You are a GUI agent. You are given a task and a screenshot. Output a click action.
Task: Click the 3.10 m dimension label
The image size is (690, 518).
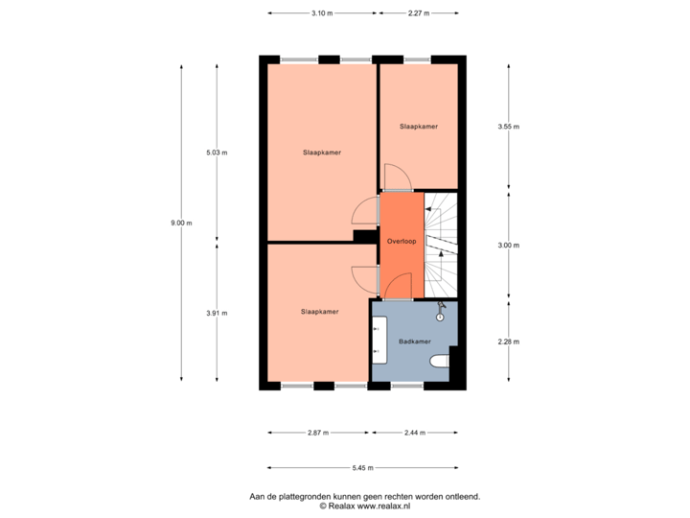[322, 13]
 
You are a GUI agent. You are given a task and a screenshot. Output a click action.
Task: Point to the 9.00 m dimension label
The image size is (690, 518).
[181, 223]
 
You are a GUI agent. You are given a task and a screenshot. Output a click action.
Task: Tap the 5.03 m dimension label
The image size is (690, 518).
[218, 153]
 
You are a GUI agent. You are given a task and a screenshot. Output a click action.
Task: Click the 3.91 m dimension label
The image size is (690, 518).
[218, 313]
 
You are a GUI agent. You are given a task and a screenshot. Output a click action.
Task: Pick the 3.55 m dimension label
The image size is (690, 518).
[508, 126]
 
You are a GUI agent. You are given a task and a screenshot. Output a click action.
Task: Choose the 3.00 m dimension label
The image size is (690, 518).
[508, 246]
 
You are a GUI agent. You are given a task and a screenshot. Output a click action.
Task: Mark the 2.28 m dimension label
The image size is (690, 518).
[508, 341]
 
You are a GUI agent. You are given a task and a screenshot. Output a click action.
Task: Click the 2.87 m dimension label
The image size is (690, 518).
[318, 434]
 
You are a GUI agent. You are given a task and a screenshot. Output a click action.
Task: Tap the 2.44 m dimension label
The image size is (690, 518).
[415, 434]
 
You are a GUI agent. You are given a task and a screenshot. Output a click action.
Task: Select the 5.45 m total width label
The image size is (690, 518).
[362, 467]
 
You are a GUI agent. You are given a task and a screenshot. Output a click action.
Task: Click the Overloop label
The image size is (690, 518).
[401, 241]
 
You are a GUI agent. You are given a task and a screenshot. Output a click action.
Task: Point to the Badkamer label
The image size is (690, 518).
[415, 341]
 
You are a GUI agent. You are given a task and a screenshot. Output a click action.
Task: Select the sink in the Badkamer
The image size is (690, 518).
[379, 341]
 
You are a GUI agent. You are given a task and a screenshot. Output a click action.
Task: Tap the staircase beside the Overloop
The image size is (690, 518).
[441, 245]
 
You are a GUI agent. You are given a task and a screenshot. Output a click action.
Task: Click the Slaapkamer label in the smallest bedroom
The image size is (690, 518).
[419, 127]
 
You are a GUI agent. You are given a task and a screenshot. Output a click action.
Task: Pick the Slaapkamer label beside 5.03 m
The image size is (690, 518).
[321, 153]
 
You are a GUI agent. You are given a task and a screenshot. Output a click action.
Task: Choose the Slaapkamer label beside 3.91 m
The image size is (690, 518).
[319, 312]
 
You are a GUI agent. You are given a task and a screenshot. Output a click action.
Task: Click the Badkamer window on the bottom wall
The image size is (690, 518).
[407, 387]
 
